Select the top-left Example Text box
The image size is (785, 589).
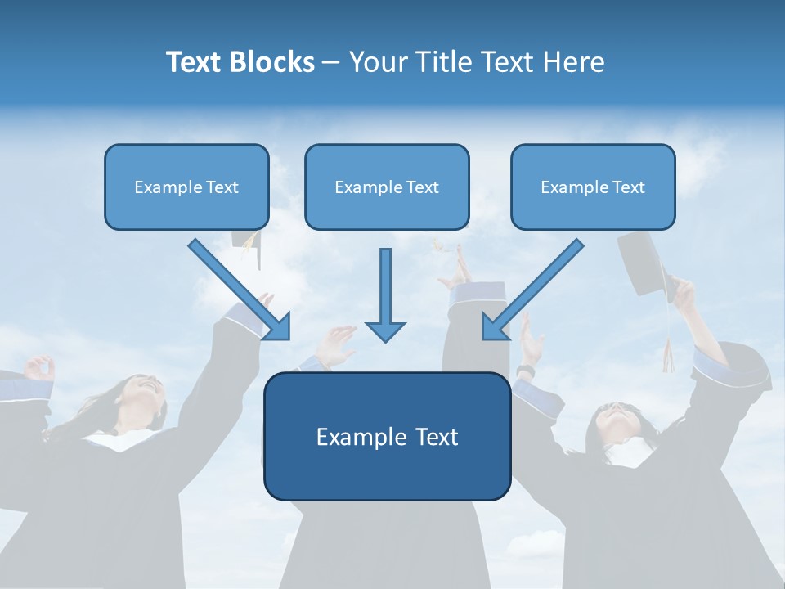(186, 187)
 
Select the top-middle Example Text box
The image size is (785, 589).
(387, 187)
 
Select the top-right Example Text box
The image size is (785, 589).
(593, 187)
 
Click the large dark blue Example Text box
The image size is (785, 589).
(387, 436)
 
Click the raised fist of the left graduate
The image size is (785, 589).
(39, 367)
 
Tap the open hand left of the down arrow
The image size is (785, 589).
(335, 344)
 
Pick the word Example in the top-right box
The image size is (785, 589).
(571, 187)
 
